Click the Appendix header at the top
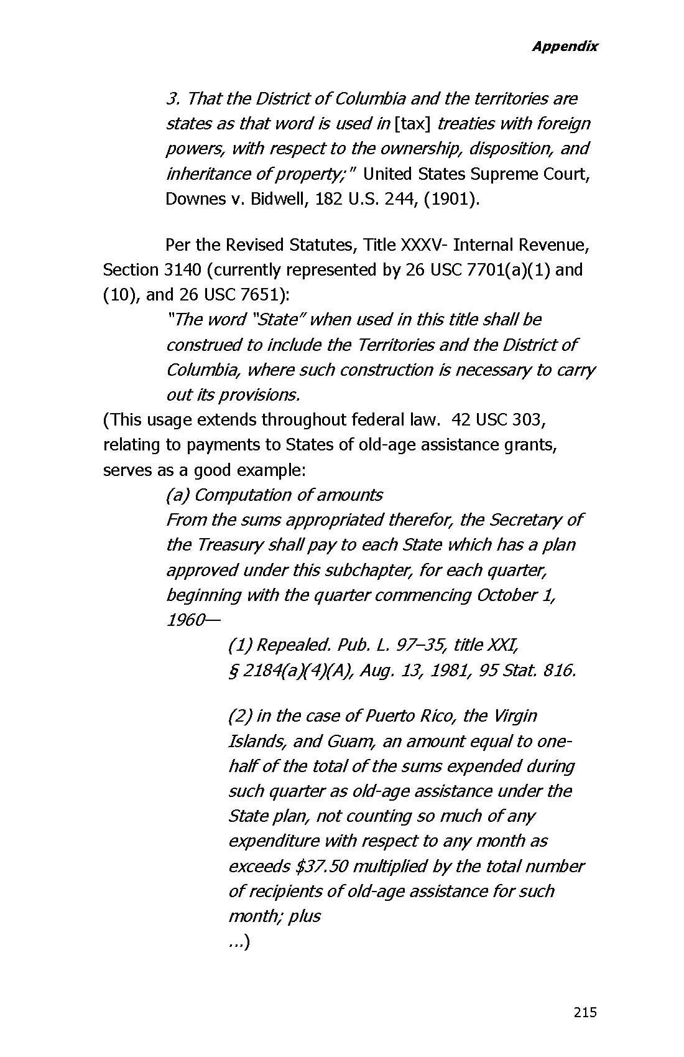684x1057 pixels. pos(565,46)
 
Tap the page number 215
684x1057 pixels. pos(585,1012)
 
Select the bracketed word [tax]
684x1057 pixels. pos(413,124)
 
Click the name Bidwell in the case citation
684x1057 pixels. pos(279,199)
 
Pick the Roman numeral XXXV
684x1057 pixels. pos(424,245)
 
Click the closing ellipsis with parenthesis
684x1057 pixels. pos(239,942)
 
